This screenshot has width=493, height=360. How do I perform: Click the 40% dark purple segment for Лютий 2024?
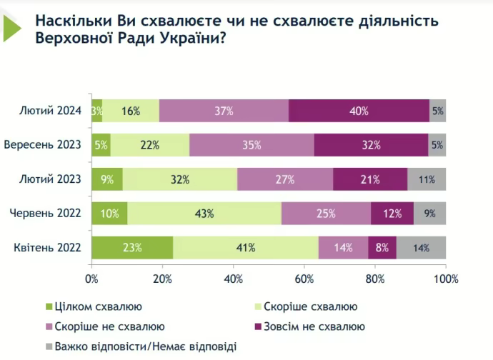pyautogui.click(x=359, y=111)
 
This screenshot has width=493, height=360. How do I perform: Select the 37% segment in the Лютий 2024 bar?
pyautogui.click(x=224, y=111)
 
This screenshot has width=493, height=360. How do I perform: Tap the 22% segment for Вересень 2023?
pyautogui.click(x=150, y=145)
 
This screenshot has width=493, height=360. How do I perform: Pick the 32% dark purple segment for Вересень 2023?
pyautogui.click(x=371, y=145)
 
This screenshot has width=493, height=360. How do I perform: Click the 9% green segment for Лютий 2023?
pyautogui.click(x=107, y=179)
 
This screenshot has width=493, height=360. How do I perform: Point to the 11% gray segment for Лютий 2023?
pyautogui.click(x=427, y=179)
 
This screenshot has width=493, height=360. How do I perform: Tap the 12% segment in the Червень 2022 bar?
pyautogui.click(x=392, y=214)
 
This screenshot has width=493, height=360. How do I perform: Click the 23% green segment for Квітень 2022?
pyautogui.click(x=132, y=248)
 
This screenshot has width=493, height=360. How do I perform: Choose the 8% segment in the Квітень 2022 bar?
pyautogui.click(x=382, y=248)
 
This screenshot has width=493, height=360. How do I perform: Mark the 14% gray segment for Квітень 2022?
pyautogui.click(x=421, y=248)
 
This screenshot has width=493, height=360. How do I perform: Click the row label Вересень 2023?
pyautogui.click(x=44, y=145)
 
